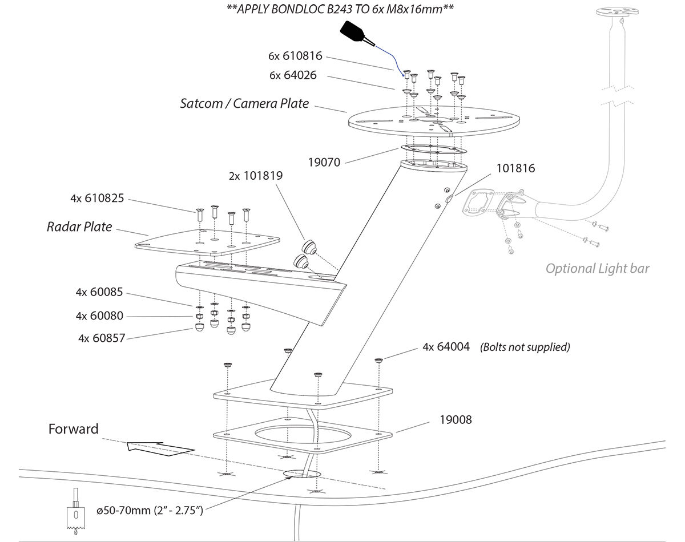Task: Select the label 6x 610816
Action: tap(295, 56)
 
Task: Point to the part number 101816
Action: tap(515, 168)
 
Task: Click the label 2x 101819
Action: tap(256, 176)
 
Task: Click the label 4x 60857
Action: tap(102, 338)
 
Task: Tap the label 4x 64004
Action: tap(446, 346)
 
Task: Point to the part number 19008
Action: tap(456, 419)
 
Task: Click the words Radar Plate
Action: tap(79, 226)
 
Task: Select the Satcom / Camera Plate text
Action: tap(244, 104)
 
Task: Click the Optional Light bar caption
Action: tap(597, 268)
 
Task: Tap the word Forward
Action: tap(73, 429)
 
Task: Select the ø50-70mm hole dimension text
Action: tap(150, 510)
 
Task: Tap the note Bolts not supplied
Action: tap(525, 347)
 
